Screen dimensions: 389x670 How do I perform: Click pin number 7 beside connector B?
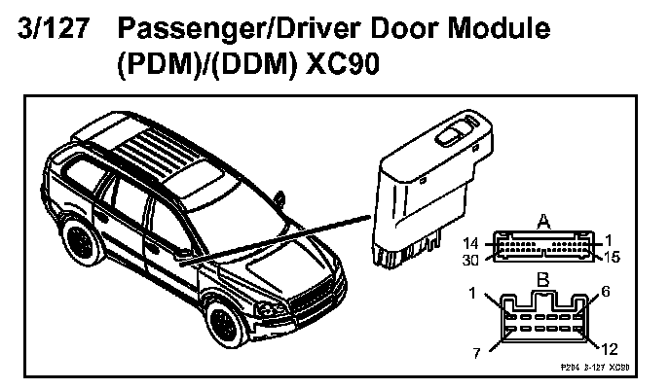pos(476,351)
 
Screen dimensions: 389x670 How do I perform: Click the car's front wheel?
pos(225,328)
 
